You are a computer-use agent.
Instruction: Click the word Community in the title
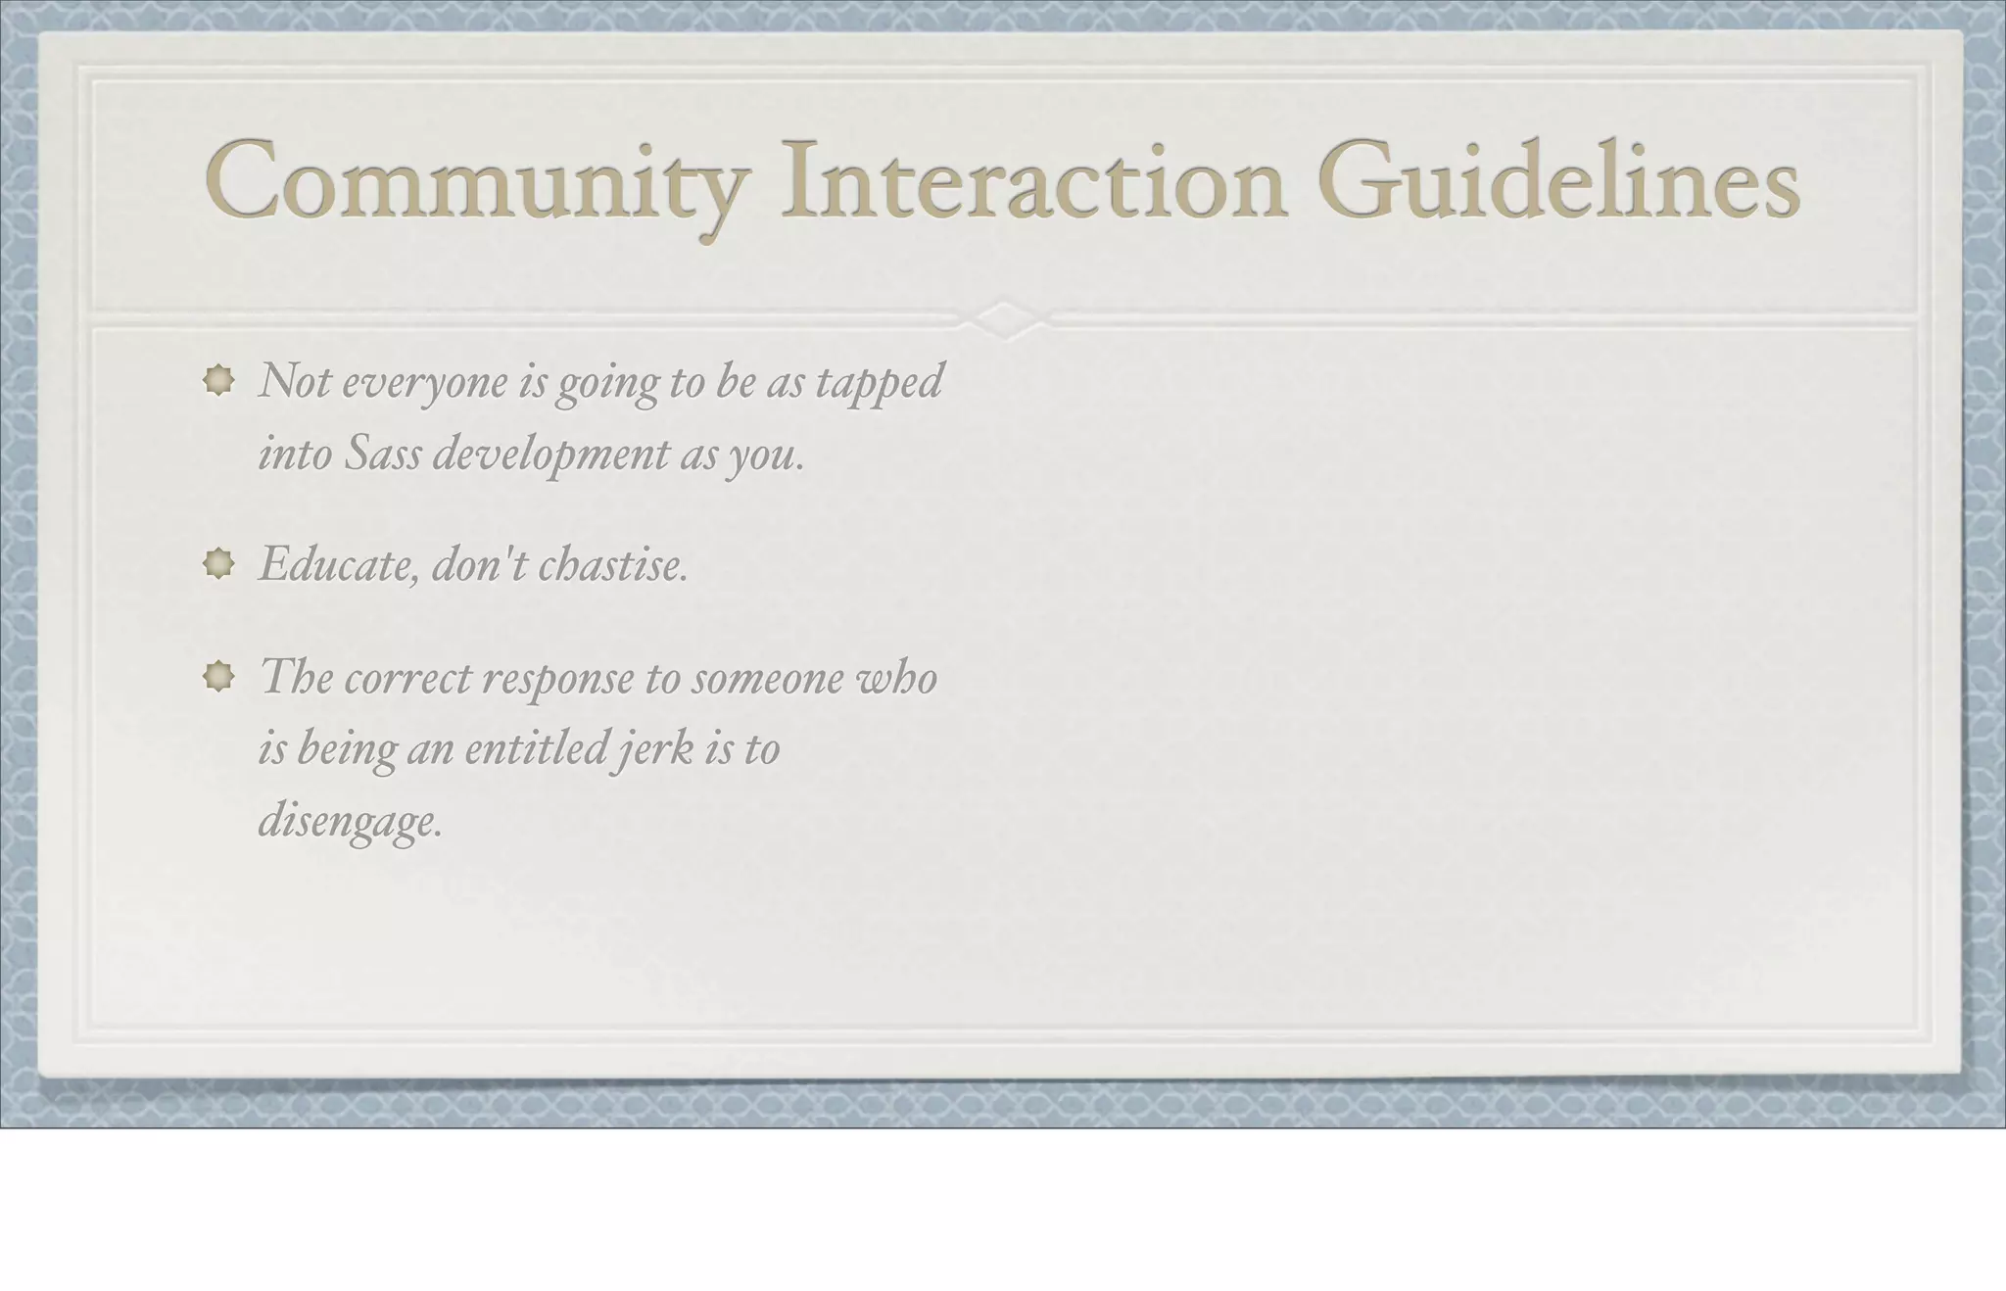476,182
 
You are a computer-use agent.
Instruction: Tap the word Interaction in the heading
1032,182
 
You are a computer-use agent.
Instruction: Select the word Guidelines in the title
1557,182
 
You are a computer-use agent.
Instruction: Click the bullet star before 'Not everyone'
218,380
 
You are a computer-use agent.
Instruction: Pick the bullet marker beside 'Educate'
218,563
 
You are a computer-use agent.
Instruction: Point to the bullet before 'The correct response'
218,676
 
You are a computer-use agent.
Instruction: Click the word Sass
382,454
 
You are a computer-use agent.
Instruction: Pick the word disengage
350,822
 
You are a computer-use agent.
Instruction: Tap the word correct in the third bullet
407,678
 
